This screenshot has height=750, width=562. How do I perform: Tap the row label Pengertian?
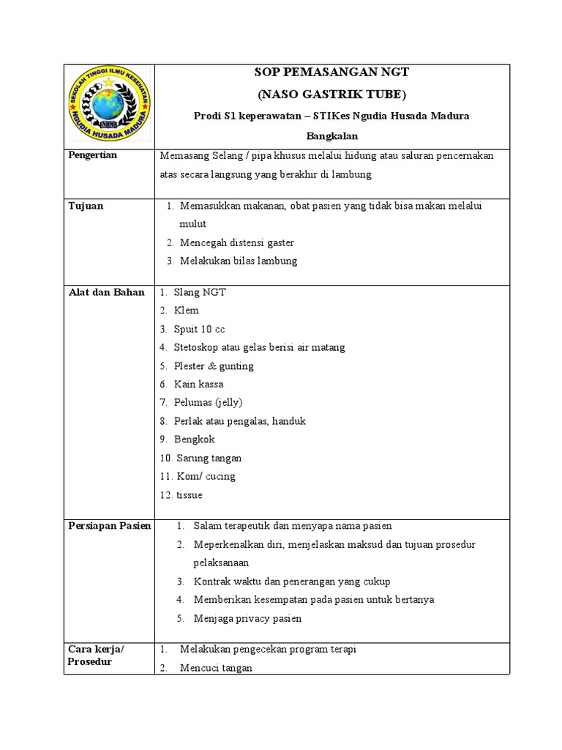tap(92, 155)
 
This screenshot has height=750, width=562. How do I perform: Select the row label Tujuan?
tap(86, 206)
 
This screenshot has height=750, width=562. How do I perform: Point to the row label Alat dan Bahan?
tap(106, 292)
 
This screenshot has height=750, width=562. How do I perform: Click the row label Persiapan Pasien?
tap(109, 526)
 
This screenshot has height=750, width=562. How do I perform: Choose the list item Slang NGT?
tap(199, 292)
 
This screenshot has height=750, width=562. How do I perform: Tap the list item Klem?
tap(186, 311)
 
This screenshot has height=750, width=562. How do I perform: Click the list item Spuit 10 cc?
tap(199, 329)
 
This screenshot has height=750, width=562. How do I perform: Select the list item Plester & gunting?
tap(213, 365)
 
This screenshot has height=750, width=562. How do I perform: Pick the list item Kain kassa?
tap(198, 384)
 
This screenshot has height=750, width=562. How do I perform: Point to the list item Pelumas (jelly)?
tap(208, 402)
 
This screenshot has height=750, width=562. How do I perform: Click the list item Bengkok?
tap(194, 439)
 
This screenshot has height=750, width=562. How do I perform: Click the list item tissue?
tap(189, 495)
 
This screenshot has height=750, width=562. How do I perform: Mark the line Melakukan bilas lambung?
tap(239, 261)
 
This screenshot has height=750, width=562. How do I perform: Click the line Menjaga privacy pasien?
tap(247, 618)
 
